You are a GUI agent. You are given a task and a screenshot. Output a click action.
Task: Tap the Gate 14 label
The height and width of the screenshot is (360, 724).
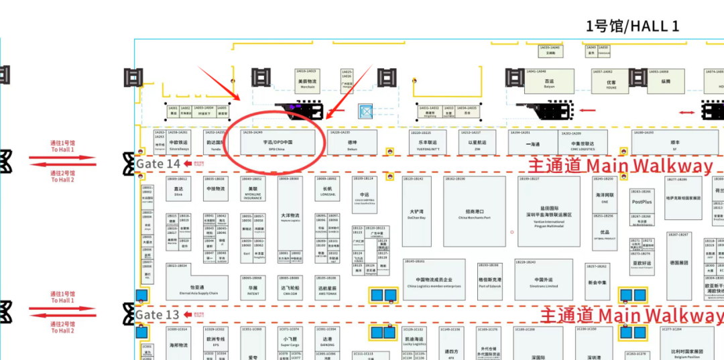click(158, 164)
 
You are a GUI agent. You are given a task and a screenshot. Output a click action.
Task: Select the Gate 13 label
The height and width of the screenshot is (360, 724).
click(158, 314)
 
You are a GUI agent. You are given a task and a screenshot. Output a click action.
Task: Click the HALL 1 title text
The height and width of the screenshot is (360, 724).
click(632, 26)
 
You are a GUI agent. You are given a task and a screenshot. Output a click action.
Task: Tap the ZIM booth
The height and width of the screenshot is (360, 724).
click(477, 143)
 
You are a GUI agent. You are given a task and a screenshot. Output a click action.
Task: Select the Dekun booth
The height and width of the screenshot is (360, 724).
click(352, 143)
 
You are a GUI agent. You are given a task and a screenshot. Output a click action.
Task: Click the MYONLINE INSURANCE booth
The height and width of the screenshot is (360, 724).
click(253, 192)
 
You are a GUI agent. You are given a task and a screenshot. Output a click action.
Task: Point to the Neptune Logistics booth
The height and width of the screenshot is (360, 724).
click(290, 217)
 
